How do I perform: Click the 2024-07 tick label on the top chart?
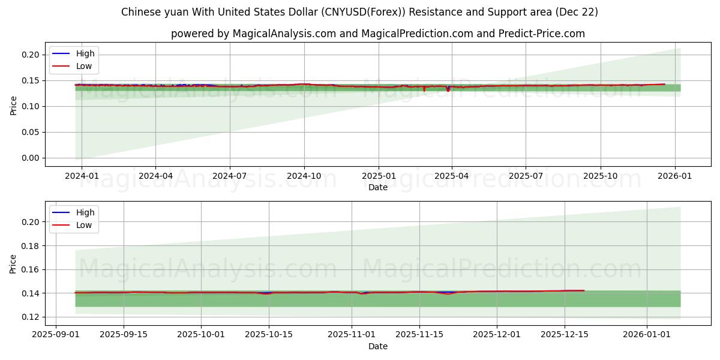coord(230,176)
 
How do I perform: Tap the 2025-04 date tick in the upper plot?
coord(452,176)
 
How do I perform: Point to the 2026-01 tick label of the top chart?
coord(675,176)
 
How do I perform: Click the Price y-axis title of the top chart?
coord(13,106)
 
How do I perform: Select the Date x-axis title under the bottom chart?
coord(378,346)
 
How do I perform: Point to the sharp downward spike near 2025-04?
coord(448,91)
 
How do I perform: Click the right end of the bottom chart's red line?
coord(584,290)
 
